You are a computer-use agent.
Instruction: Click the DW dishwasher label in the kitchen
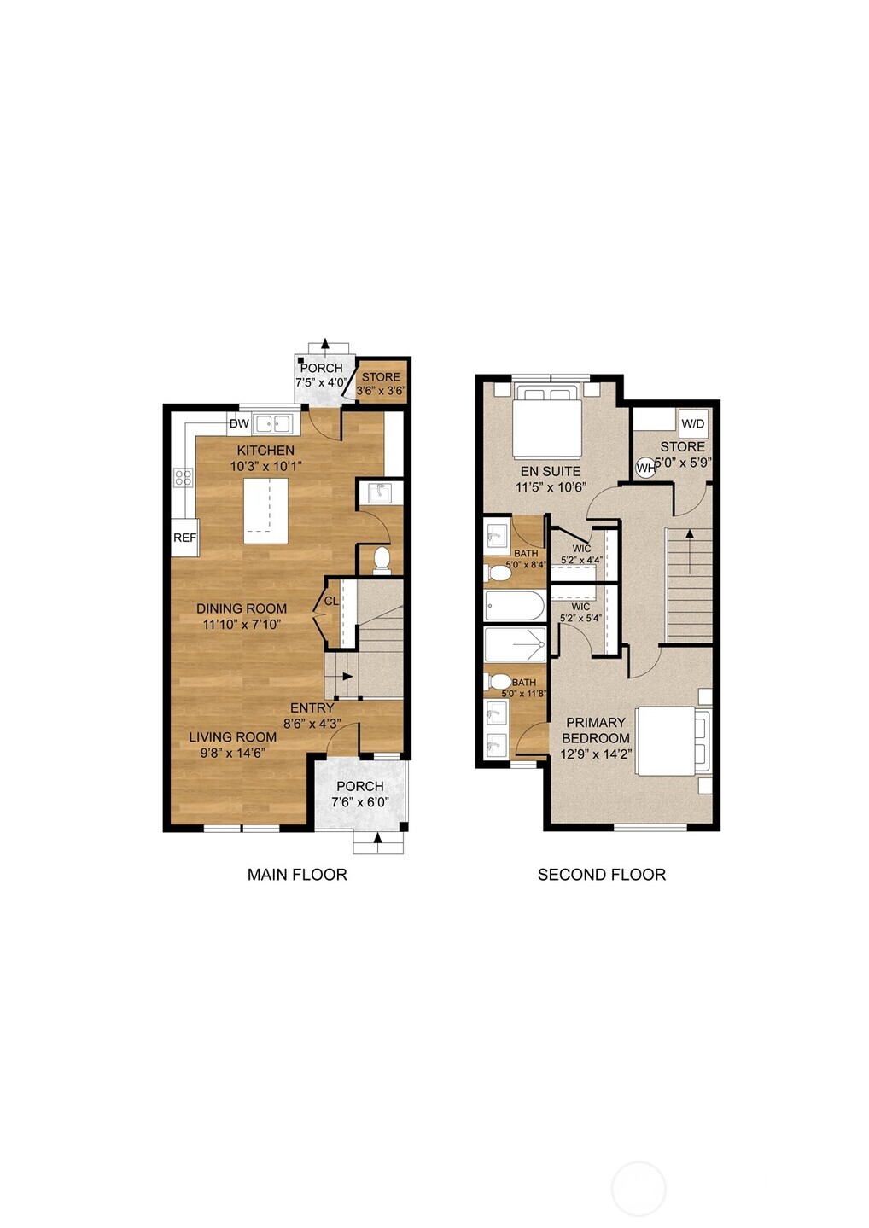239,423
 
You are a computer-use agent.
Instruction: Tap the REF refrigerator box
184,538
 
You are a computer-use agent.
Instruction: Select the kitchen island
265,510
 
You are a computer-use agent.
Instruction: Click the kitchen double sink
273,422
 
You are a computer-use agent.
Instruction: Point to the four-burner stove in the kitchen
183,477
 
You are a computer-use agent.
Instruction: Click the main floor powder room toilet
382,561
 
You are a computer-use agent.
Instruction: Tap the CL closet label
330,602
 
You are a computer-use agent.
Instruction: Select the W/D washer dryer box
693,423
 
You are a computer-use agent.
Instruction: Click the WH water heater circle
645,467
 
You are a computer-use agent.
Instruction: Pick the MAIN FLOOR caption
297,874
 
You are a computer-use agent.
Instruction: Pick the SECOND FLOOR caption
601,874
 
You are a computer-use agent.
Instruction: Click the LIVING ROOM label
232,736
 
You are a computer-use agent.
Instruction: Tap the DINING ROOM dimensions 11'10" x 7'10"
242,624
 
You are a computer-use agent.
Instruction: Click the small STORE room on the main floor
381,382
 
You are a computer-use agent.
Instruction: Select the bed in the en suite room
547,423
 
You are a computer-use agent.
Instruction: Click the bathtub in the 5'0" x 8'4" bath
514,607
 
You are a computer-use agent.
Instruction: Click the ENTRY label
312,707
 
